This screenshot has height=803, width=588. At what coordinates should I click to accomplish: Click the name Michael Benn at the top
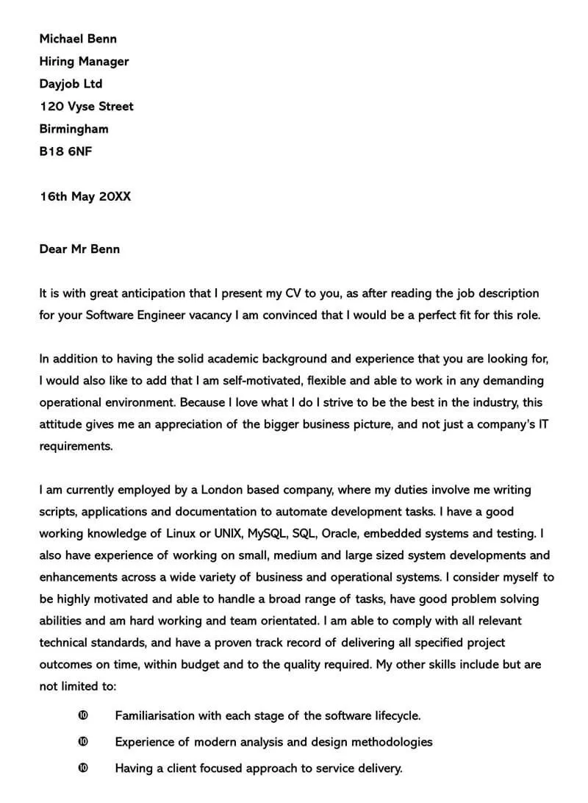point(78,39)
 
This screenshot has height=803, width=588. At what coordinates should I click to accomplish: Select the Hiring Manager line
point(84,62)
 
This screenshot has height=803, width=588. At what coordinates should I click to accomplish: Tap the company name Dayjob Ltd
point(71,84)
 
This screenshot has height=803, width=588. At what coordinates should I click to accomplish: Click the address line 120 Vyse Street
point(86,107)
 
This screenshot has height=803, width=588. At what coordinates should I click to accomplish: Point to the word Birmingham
point(73,129)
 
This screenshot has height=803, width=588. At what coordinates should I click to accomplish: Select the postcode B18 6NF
point(66,151)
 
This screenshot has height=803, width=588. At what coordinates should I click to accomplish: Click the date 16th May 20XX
point(85,197)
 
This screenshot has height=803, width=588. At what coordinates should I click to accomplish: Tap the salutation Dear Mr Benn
point(79,249)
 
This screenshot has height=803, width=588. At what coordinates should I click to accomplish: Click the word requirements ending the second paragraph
point(75,446)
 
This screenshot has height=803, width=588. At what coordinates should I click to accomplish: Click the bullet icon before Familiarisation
point(82,715)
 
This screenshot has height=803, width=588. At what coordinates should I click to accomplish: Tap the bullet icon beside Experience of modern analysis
point(82,742)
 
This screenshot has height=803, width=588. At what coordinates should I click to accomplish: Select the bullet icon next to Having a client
point(82,768)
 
